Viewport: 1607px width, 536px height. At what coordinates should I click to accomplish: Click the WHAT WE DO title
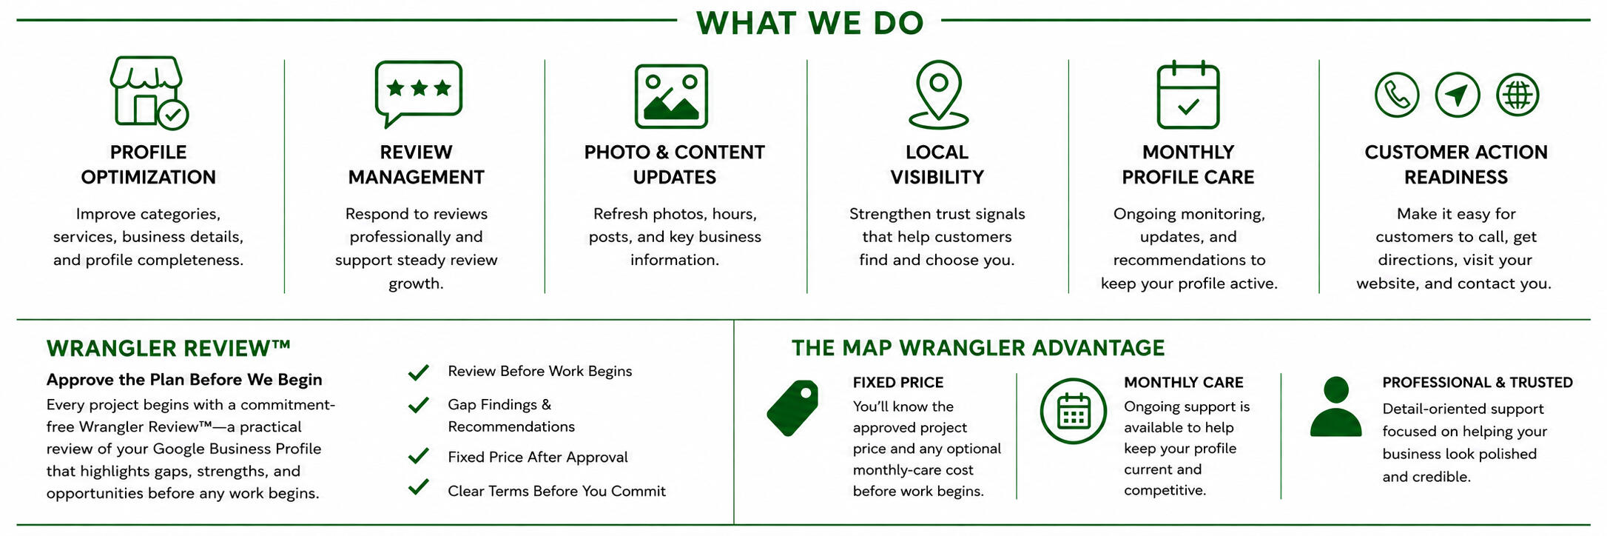coord(810,23)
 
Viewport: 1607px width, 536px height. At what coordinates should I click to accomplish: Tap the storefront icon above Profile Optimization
coord(149,92)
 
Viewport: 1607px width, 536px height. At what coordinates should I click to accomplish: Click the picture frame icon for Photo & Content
coord(671,96)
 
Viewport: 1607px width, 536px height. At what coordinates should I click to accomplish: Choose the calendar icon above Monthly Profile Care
coord(1188,95)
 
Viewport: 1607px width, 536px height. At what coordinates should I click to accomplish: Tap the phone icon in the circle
coord(1397,95)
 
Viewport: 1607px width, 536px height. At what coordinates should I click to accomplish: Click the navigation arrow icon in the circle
coord(1458,95)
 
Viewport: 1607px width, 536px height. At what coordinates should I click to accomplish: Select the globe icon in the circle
coord(1517,95)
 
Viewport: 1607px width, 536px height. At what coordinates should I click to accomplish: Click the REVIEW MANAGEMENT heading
coord(417,164)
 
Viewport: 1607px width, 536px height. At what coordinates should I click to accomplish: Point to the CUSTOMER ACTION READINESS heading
coord(1456,164)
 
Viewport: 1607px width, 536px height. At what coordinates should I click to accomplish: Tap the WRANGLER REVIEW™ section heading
coord(169,348)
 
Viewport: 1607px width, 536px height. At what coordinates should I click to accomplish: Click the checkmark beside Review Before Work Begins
coord(419,372)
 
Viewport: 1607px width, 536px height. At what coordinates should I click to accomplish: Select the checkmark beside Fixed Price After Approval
coord(419,456)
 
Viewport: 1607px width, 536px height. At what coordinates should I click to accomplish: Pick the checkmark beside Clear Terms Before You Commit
coord(419,487)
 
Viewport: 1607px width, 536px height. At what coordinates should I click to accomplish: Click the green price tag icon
coord(792,409)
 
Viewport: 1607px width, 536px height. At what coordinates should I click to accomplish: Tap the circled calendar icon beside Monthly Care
coord(1073,411)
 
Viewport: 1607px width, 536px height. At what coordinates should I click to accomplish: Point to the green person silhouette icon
coord(1335,406)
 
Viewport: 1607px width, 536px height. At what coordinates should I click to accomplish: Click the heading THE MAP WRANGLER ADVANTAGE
coord(978,348)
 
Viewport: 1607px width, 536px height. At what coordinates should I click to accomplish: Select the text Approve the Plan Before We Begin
coord(184,380)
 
